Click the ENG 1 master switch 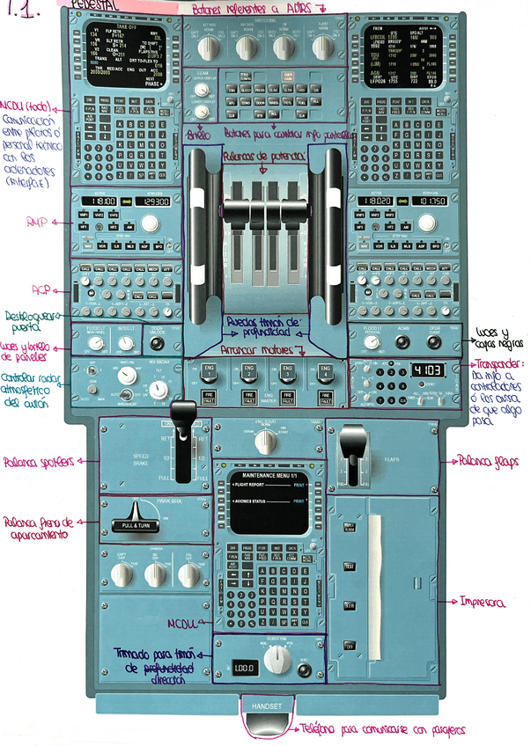click(209, 370)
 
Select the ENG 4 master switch click(324, 370)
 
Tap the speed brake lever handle click(182, 415)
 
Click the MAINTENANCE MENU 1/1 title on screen click(266, 475)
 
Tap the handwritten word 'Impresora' click(484, 603)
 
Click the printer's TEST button click(348, 564)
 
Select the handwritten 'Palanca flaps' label click(486, 460)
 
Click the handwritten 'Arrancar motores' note click(260, 349)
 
